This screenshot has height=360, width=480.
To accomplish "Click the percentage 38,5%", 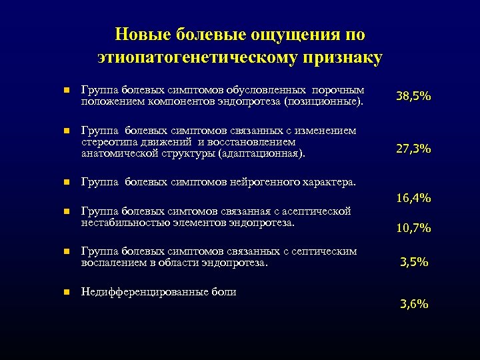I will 413,97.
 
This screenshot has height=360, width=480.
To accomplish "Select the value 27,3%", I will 413,149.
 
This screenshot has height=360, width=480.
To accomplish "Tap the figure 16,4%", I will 413,198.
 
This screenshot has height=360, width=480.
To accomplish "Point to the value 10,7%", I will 413,229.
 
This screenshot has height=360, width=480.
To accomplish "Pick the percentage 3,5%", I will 413,263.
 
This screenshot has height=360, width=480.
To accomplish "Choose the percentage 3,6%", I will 413,305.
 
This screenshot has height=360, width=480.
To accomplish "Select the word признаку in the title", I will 345,58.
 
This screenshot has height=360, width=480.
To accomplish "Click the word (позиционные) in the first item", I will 323,102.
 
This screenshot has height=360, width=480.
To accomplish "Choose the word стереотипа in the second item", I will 105,141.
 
